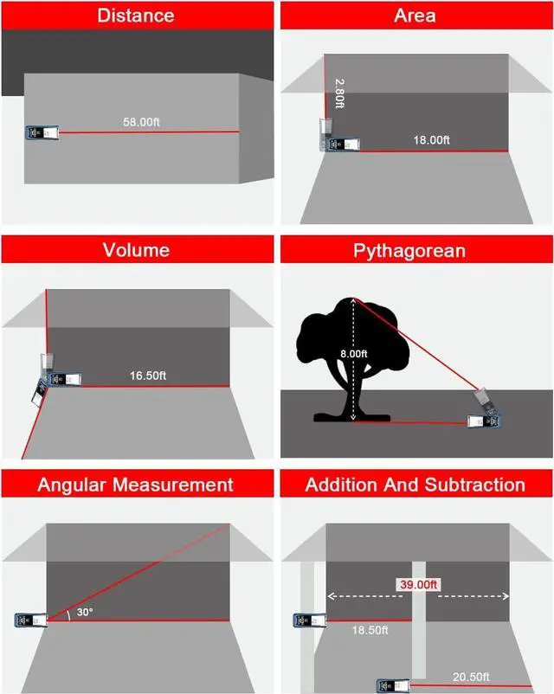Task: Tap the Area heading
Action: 415,16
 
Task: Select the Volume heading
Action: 136,251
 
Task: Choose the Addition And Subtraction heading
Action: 415,485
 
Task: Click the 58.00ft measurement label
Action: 142,123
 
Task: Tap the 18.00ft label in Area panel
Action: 431,140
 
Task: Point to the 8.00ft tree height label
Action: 353,354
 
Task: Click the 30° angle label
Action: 83,611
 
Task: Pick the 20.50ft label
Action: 472,676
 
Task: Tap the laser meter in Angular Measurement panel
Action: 30,620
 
